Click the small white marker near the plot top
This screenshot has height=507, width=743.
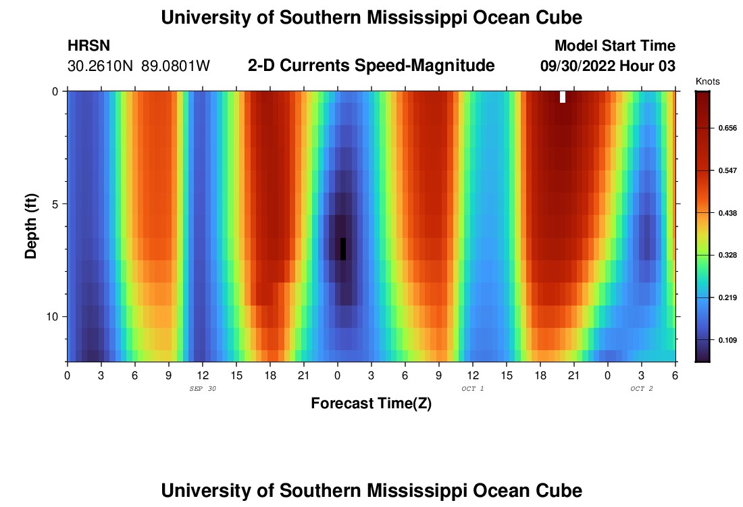click(x=563, y=97)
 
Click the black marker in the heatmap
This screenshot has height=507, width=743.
click(x=343, y=249)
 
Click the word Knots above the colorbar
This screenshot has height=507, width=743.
click(x=707, y=82)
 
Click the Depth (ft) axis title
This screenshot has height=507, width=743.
click(x=31, y=226)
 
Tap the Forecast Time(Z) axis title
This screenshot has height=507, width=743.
click(x=371, y=404)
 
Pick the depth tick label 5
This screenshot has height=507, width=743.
click(x=55, y=204)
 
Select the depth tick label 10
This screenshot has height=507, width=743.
click(x=53, y=317)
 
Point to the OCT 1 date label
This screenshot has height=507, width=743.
click(x=473, y=389)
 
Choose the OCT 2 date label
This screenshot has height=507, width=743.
click(x=642, y=389)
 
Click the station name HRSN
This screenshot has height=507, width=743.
click(x=88, y=46)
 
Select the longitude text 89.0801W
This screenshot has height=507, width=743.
click(x=176, y=66)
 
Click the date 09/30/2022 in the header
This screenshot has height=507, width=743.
click(x=578, y=66)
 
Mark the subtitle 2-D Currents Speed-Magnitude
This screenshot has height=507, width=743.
click(x=371, y=66)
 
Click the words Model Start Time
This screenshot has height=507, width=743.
click(x=615, y=46)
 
